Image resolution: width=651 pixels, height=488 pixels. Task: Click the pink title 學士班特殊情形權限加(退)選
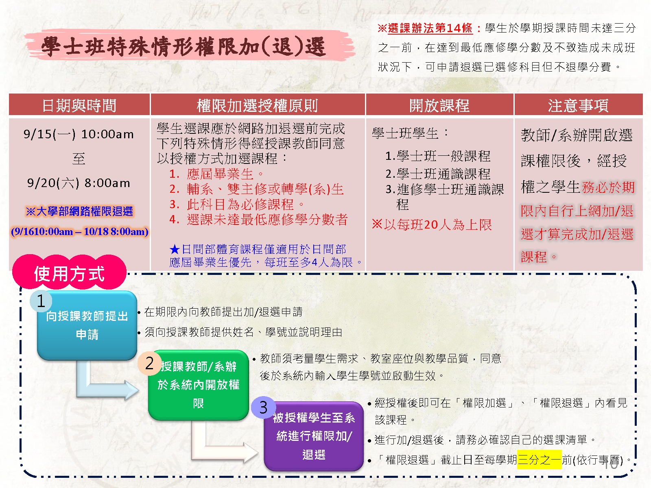pos(183,47)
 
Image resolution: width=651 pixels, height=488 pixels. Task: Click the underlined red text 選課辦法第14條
pos(430,28)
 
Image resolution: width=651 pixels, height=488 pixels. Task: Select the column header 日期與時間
pos(79,105)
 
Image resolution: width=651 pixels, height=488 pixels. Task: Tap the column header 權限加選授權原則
pos(257,105)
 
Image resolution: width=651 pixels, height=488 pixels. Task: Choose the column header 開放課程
pos(439,105)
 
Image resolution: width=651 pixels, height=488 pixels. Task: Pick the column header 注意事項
pos(578,105)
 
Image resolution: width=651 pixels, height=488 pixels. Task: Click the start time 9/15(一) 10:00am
pos(79,134)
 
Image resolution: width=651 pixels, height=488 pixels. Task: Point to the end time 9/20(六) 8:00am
pos(79,183)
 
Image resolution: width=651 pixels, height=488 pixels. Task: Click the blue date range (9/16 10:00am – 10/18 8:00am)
pos(79,231)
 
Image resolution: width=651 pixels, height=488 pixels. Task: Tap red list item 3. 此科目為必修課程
pos(237,204)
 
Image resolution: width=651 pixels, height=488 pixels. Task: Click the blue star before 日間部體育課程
pos(175,249)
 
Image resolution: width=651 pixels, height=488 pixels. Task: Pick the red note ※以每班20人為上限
pos(432,225)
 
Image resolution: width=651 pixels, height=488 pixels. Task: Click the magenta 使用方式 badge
pos(70,272)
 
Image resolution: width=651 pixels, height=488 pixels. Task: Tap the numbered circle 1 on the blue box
pos(41,301)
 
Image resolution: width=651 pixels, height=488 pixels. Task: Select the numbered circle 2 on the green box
pos(149,364)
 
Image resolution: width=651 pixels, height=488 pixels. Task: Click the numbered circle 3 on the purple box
pos(263,407)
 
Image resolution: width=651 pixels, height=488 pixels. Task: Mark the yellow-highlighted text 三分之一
pos(539,460)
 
